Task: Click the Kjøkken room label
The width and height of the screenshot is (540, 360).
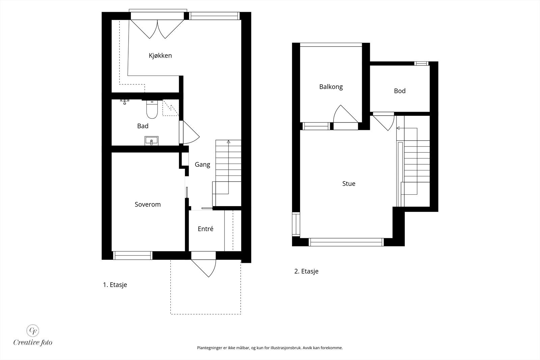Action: click(x=160, y=56)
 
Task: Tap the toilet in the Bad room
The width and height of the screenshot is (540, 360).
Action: click(x=152, y=109)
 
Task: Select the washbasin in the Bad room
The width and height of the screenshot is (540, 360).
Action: click(x=152, y=141)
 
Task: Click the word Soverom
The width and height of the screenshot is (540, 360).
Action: click(x=147, y=204)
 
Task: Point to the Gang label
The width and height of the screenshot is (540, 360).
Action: click(x=202, y=165)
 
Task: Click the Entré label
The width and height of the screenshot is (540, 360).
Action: click(x=206, y=229)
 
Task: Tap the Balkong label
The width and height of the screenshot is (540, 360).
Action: click(x=331, y=87)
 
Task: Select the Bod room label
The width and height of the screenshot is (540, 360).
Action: click(x=400, y=91)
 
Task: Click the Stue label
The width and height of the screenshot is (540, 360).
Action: click(x=349, y=184)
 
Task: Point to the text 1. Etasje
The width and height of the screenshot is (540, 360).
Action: click(x=115, y=285)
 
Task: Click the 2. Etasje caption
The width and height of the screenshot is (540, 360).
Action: click(x=306, y=271)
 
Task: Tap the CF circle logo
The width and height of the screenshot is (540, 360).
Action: click(x=32, y=331)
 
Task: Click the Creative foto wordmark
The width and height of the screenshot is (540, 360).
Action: click(x=33, y=342)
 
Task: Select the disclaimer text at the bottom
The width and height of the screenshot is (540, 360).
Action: click(x=270, y=348)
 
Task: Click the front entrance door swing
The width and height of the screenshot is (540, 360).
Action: click(x=204, y=268)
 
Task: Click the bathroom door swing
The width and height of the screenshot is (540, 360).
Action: click(x=191, y=132)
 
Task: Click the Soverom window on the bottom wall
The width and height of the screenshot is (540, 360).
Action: click(x=133, y=255)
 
